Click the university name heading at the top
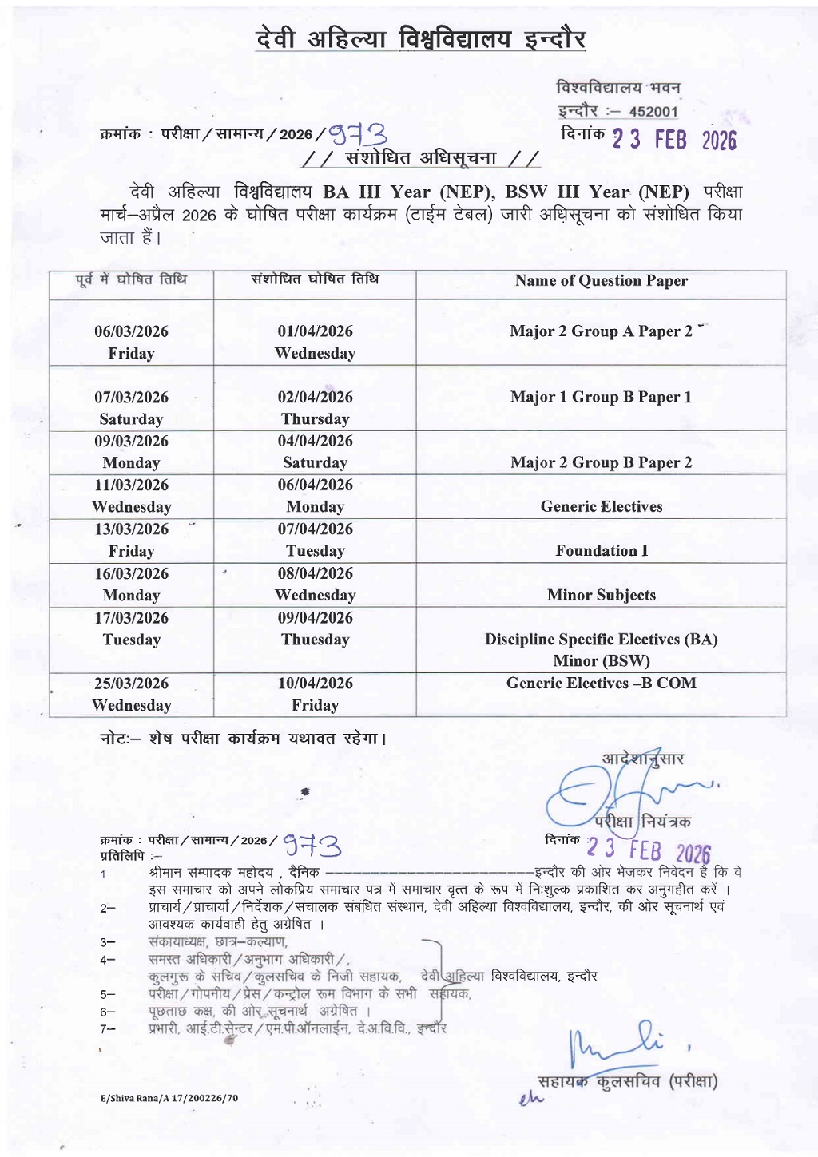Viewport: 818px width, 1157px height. [x=421, y=38]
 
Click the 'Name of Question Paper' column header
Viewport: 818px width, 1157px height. [x=601, y=280]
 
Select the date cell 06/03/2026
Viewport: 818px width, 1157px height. [x=131, y=331]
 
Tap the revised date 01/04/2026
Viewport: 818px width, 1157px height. [x=315, y=331]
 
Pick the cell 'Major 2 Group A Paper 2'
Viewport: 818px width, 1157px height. [x=601, y=331]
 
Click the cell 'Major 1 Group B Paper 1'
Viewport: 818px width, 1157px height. [x=601, y=397]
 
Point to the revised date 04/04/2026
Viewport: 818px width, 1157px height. [x=315, y=441]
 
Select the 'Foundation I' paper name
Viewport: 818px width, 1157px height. [x=601, y=550]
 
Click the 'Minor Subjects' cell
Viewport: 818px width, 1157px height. [x=601, y=595]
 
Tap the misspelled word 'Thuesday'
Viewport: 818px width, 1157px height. [x=315, y=640]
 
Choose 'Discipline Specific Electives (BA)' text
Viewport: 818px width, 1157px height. [x=601, y=639]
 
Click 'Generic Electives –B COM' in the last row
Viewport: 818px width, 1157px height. [x=601, y=683]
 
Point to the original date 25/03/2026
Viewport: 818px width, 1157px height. [x=131, y=684]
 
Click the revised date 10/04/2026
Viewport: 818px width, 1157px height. [x=315, y=684]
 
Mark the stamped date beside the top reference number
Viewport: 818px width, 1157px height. [x=673, y=140]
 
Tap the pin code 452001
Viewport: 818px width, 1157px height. [x=653, y=112]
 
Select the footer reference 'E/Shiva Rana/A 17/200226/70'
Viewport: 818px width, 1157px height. [x=169, y=1098]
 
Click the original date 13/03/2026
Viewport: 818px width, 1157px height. [x=131, y=529]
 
